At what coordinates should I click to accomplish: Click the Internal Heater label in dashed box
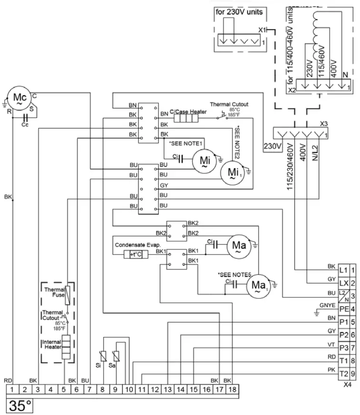coord(52,344)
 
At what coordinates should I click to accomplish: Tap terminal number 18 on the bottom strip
coord(232,389)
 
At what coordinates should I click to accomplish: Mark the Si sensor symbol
coord(104,355)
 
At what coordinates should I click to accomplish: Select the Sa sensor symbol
coord(116,355)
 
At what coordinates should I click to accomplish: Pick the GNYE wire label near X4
coord(328,305)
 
